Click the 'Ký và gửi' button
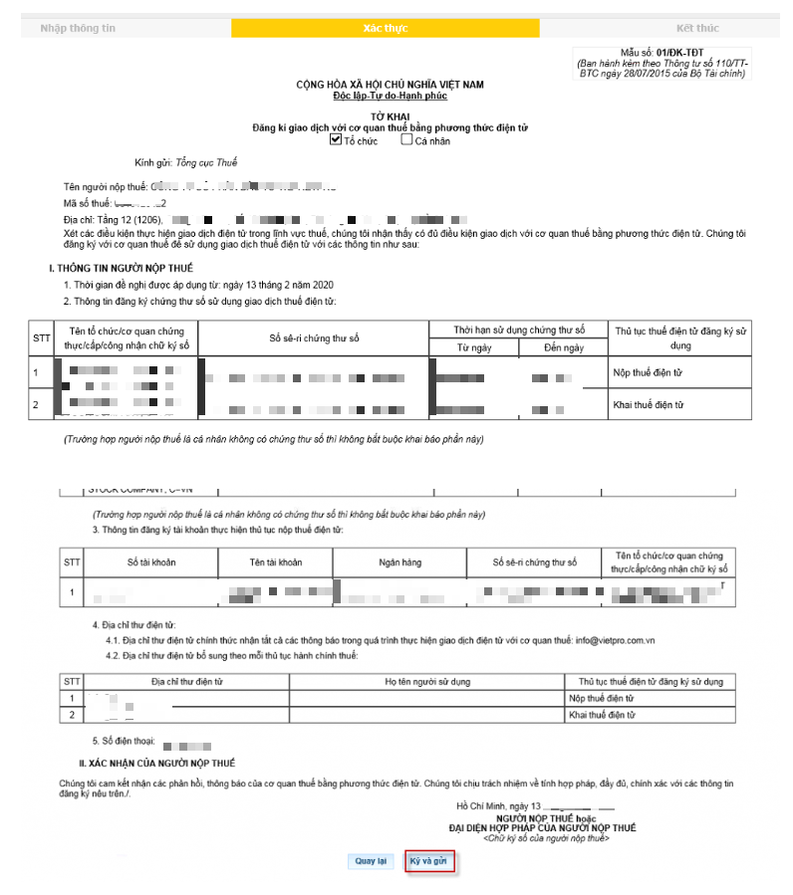429,861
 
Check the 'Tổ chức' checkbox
336,139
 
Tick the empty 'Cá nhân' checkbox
406,139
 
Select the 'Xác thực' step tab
385,28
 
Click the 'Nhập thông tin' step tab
78,28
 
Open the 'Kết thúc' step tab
696,28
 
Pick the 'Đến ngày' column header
562,347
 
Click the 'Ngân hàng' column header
399,562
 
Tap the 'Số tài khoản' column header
151,562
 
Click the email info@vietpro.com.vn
616,639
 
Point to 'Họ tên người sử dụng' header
427,682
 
